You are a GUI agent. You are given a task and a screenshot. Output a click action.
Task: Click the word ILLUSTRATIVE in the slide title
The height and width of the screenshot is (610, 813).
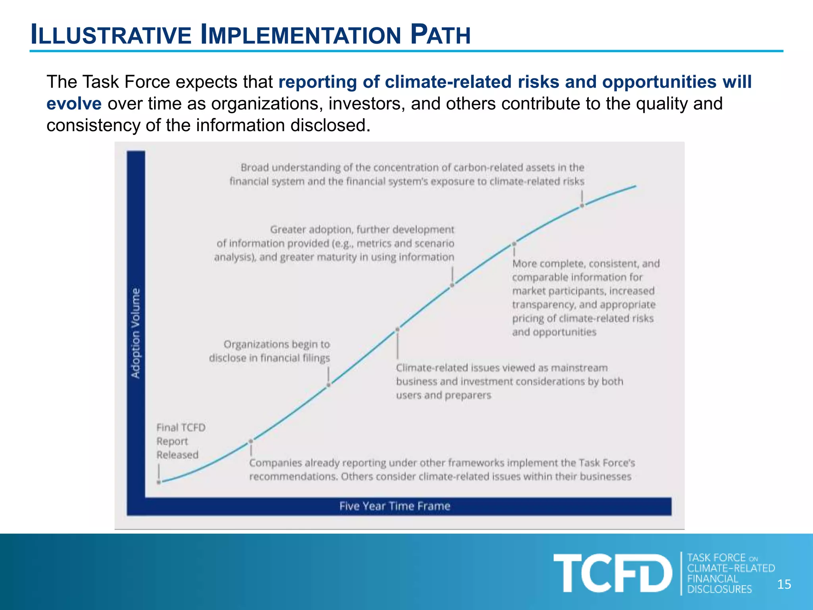[x=111, y=35]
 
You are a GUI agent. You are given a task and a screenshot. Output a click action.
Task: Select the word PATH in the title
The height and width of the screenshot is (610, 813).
[x=440, y=35]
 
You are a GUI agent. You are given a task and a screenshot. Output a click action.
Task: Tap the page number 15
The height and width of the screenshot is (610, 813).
[x=784, y=584]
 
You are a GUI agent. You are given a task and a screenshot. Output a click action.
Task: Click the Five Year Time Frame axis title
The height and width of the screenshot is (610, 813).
[x=395, y=506]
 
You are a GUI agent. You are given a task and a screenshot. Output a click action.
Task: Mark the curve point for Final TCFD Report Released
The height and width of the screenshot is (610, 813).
[x=159, y=482]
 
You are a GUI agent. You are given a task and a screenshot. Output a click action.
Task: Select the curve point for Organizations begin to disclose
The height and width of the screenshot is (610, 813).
[x=328, y=384]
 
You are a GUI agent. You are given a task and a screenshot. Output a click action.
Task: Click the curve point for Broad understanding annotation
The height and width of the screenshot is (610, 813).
[x=582, y=206]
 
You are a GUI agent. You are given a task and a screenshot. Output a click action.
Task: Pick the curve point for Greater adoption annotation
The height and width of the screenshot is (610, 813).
[x=452, y=285]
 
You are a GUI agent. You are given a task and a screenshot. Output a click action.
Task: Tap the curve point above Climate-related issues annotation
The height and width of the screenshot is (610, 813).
[x=397, y=329]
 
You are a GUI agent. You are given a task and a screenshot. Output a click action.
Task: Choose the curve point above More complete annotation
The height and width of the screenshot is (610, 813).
[x=514, y=243]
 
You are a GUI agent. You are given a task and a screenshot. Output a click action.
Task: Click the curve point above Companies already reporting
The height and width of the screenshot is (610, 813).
[x=251, y=441]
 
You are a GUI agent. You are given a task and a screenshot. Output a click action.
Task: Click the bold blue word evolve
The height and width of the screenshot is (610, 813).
[x=74, y=104]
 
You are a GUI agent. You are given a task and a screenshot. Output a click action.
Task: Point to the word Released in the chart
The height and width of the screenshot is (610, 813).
[x=177, y=455]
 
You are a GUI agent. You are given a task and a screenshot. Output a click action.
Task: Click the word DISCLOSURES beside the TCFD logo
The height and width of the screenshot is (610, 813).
[x=719, y=589]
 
